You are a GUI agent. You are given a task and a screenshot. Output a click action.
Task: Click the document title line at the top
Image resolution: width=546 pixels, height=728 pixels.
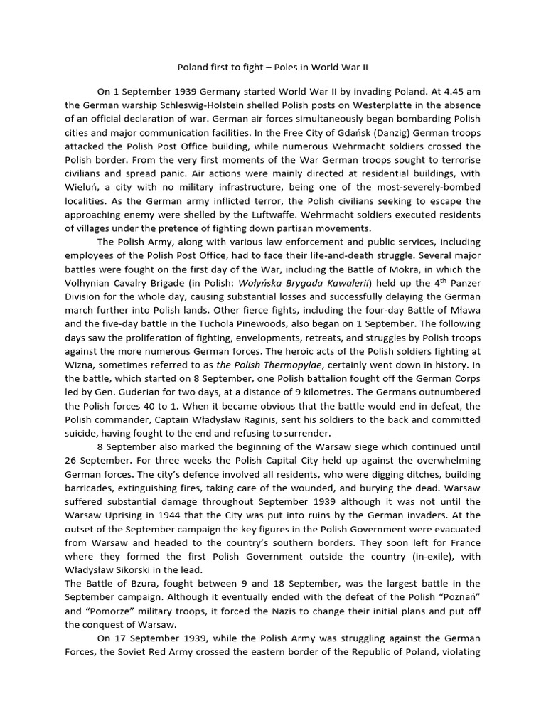pyautogui.click(x=272, y=68)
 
